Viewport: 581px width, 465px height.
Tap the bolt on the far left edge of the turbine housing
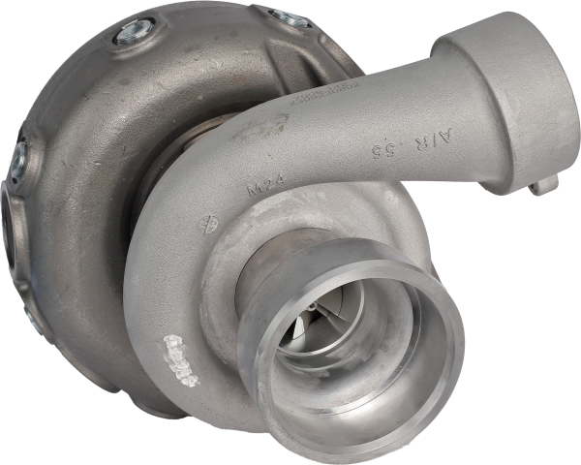click(x=19, y=159)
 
